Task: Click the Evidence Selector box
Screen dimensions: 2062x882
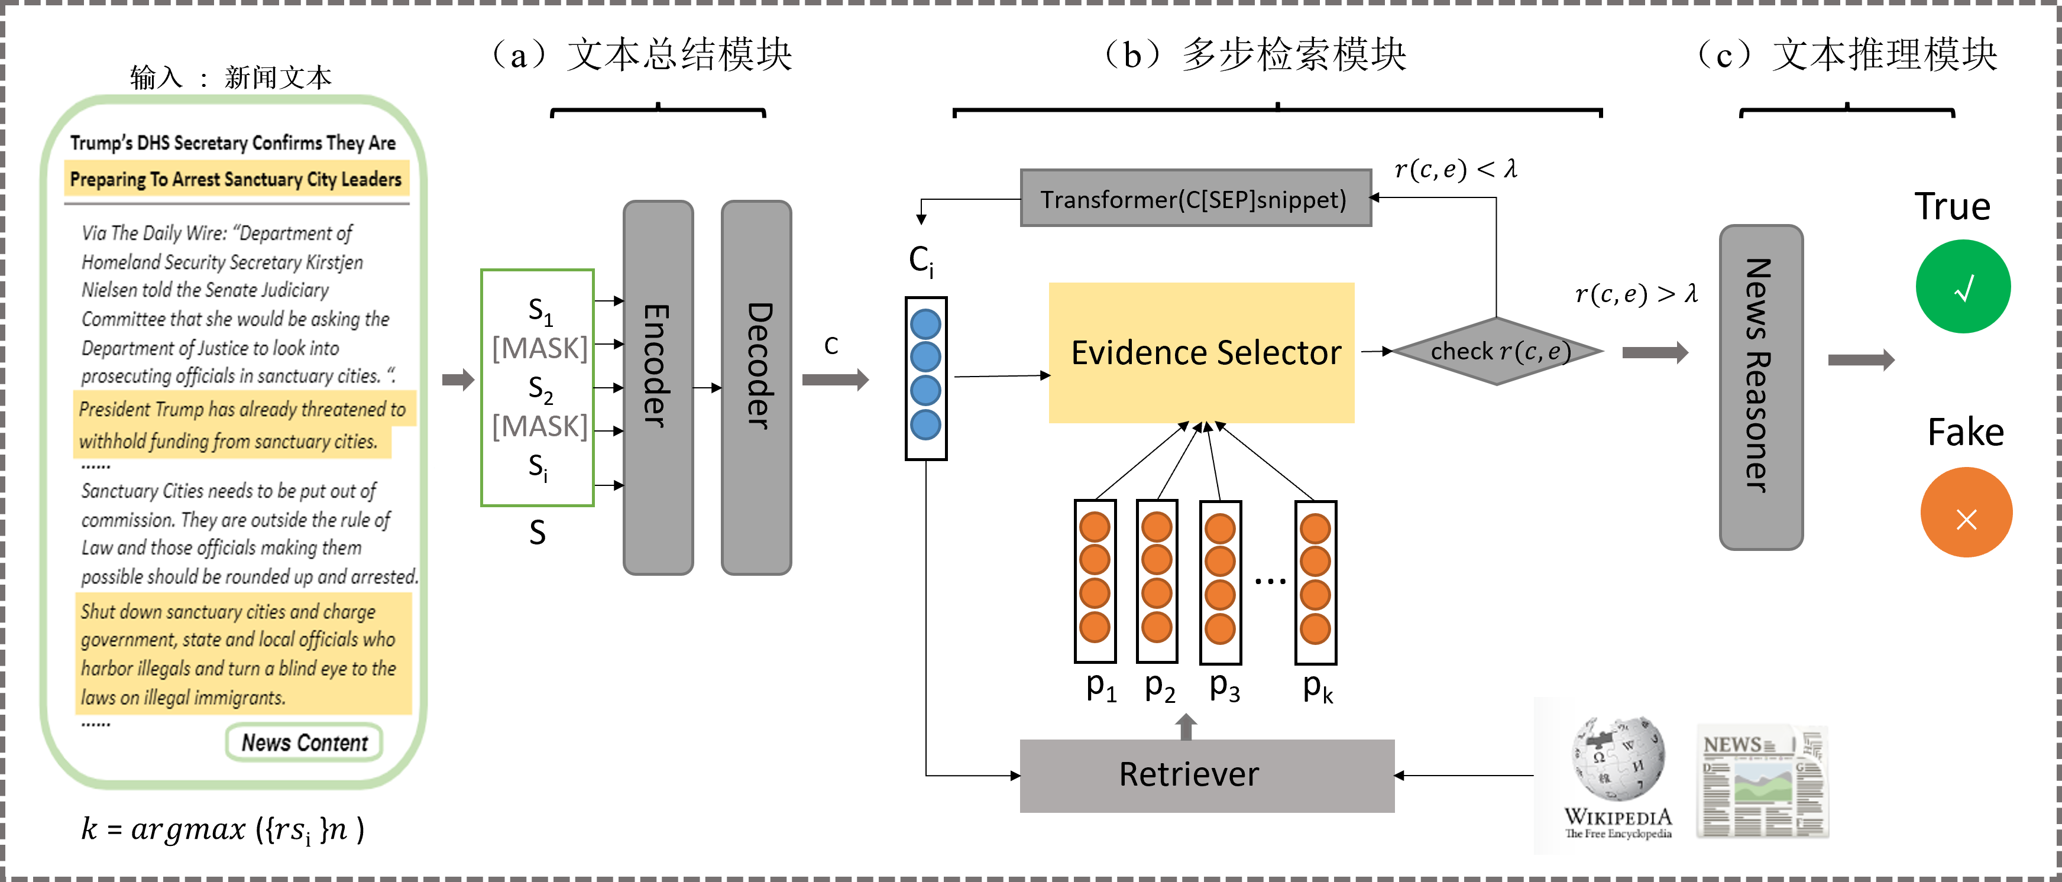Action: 1202,352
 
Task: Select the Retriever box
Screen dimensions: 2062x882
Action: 1206,775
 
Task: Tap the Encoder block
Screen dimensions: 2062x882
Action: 658,387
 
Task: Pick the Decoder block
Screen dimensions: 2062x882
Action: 756,387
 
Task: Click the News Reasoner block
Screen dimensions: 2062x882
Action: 1761,387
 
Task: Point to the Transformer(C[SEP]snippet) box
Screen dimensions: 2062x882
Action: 1196,199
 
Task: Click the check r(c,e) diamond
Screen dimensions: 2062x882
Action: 1497,351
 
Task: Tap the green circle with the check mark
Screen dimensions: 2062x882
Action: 1963,287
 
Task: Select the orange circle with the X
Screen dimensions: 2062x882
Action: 1966,512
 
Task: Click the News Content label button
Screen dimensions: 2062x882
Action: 304,742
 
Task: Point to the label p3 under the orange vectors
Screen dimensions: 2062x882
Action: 1225,687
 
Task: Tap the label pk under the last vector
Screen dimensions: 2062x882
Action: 1318,687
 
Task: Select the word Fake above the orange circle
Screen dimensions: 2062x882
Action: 1966,432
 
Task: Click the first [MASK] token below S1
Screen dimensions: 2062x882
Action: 539,349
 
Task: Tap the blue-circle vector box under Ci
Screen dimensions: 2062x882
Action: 925,378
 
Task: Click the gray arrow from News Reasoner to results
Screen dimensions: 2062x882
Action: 1861,359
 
